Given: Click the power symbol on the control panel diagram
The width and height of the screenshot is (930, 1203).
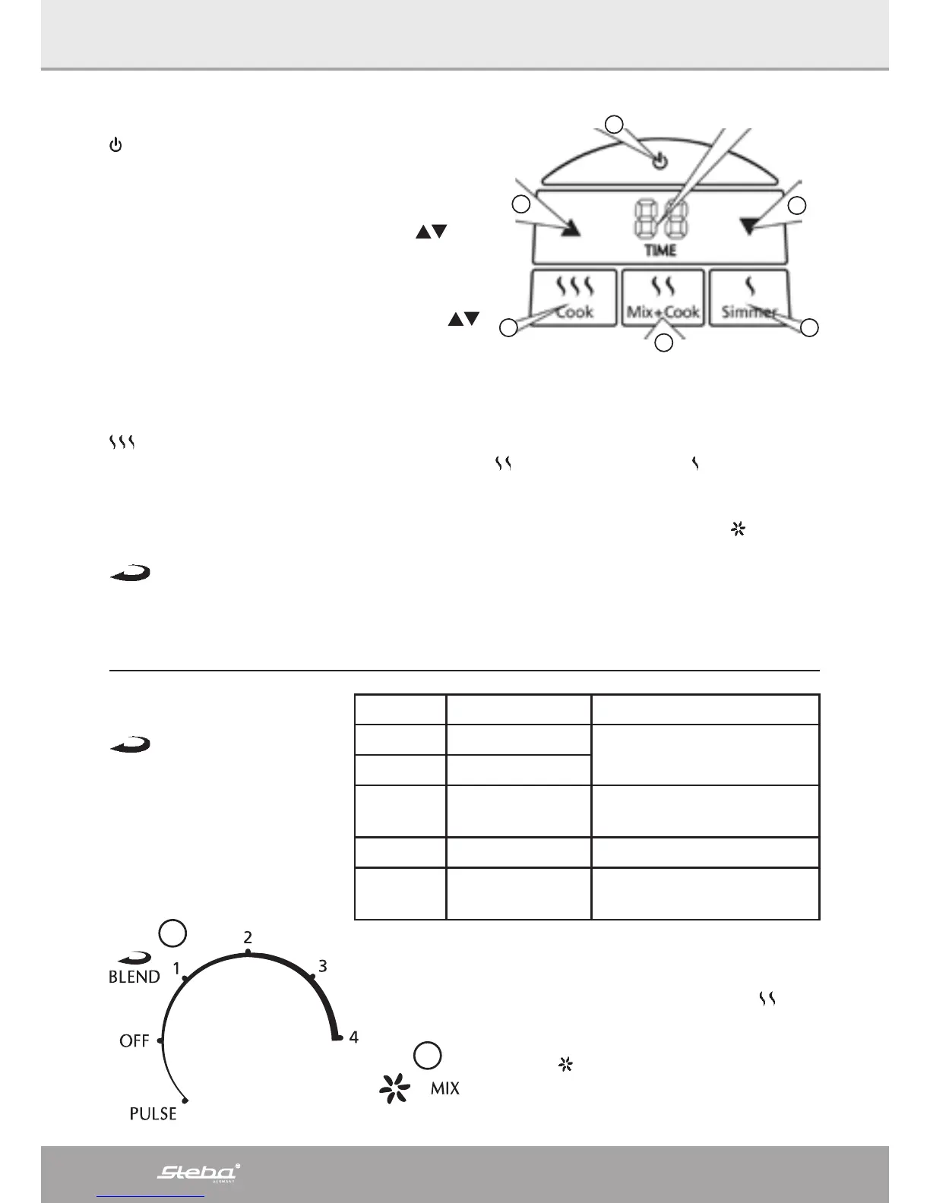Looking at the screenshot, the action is (661, 161).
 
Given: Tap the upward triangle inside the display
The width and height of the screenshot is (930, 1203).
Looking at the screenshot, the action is (570, 228).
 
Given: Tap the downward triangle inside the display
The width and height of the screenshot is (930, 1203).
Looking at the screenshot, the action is (750, 226).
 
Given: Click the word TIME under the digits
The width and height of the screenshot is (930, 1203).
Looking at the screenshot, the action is (660, 250).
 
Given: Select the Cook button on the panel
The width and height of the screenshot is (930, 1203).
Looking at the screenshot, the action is (574, 298).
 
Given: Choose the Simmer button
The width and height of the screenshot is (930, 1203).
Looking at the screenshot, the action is (749, 298).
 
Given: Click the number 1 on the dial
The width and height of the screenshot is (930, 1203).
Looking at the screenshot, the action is (176, 968).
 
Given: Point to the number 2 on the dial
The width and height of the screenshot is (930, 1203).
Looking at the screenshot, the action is (248, 937).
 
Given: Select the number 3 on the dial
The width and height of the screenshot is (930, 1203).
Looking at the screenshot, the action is (323, 966).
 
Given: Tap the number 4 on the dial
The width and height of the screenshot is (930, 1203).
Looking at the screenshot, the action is (353, 1036).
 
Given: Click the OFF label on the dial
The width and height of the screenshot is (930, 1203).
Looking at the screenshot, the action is (134, 1040).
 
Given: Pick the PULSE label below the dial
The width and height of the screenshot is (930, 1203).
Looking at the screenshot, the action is (153, 1113).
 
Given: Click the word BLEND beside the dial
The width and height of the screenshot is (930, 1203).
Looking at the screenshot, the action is (134, 977).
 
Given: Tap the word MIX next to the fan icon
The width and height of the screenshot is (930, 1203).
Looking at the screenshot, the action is (445, 1088).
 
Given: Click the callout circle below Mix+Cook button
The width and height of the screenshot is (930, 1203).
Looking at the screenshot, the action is (664, 343).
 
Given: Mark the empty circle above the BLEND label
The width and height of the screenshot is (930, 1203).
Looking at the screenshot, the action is (173, 933).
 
